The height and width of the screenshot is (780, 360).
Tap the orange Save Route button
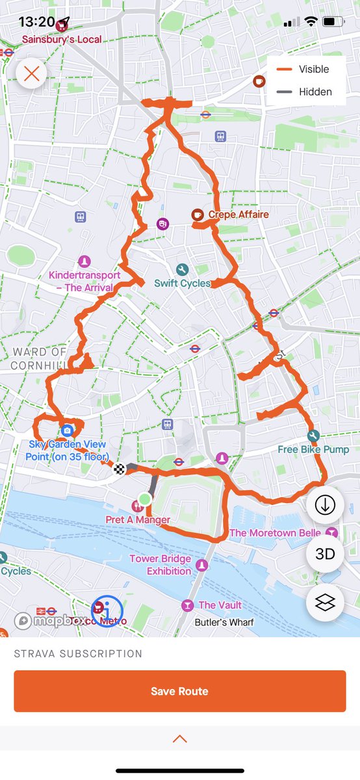point(179,691)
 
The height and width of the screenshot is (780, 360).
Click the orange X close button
point(31,73)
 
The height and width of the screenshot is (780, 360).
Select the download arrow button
point(325,505)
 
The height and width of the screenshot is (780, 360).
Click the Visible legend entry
point(314,69)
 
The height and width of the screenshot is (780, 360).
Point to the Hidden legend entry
point(315,92)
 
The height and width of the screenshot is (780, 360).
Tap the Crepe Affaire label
point(238,214)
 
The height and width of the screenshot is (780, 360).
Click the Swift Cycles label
point(183,283)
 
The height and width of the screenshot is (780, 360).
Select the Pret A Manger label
point(138,520)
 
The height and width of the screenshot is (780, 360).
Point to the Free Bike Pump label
point(313,449)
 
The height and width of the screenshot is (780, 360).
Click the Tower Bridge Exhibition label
point(160,565)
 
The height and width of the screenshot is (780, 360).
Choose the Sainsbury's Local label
point(62,39)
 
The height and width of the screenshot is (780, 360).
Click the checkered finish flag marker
point(120,469)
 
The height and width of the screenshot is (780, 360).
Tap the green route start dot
point(145,499)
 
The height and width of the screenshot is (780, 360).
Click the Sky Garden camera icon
point(67,430)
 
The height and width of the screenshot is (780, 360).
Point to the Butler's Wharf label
point(225,622)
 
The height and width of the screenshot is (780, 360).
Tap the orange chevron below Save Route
point(180,739)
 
